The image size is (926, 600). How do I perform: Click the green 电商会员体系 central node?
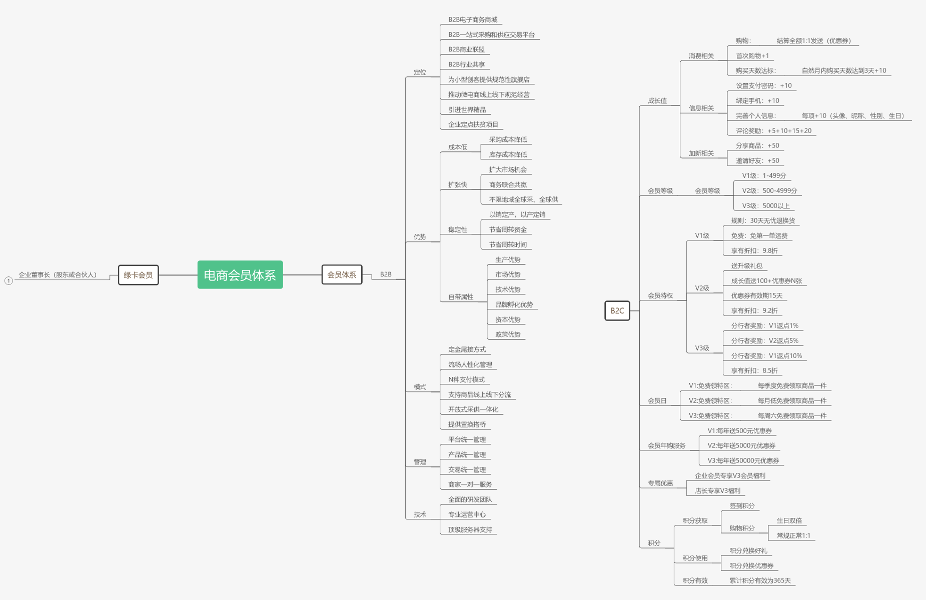[240, 275]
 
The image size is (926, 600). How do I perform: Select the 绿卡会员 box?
[138, 275]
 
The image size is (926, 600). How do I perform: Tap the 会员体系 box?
[342, 274]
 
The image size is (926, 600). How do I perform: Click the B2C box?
[617, 310]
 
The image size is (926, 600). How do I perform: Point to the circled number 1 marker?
[9, 280]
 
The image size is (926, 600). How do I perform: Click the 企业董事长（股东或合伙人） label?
[58, 274]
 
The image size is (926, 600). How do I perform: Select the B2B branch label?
[386, 274]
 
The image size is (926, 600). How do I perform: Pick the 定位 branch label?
[420, 72]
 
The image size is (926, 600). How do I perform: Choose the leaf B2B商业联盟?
[466, 49]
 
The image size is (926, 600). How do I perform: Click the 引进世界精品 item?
[467, 109]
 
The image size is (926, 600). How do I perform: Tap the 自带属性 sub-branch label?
[461, 297]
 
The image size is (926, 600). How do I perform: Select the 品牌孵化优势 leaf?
[514, 304]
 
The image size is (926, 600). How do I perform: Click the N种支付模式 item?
[466, 379]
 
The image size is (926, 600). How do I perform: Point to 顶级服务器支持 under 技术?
[470, 529]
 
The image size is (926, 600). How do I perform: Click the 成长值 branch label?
[657, 100]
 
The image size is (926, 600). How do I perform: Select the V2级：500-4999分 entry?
[769, 190]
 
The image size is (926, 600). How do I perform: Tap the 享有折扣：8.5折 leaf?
[754, 370]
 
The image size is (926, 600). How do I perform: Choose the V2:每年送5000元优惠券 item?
[741, 445]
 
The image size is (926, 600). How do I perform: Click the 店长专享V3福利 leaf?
[717, 490]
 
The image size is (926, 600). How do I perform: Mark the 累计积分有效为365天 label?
[760, 580]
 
